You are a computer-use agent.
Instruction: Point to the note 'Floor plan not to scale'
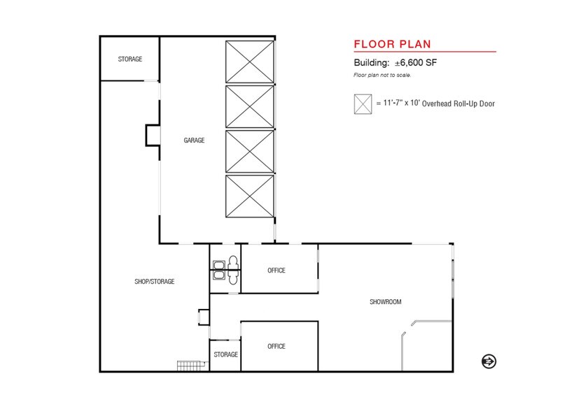tap(382, 74)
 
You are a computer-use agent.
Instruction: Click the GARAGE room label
tap(194, 140)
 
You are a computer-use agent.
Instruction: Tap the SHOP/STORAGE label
tap(154, 282)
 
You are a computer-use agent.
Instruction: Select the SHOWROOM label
tap(385, 302)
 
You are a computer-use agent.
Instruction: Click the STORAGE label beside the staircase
tap(225, 354)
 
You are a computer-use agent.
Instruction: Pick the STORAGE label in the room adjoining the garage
tap(129, 59)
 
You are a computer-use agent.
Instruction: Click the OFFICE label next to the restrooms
tap(276, 271)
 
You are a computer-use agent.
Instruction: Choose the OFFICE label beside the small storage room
tap(276, 346)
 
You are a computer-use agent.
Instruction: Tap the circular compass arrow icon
tap(489, 361)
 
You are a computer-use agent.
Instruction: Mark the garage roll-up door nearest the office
tap(249, 197)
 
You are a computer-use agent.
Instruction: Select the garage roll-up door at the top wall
tap(249, 62)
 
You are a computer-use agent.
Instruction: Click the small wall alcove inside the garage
tap(153, 134)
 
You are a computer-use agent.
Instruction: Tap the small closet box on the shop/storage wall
tap(204, 317)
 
